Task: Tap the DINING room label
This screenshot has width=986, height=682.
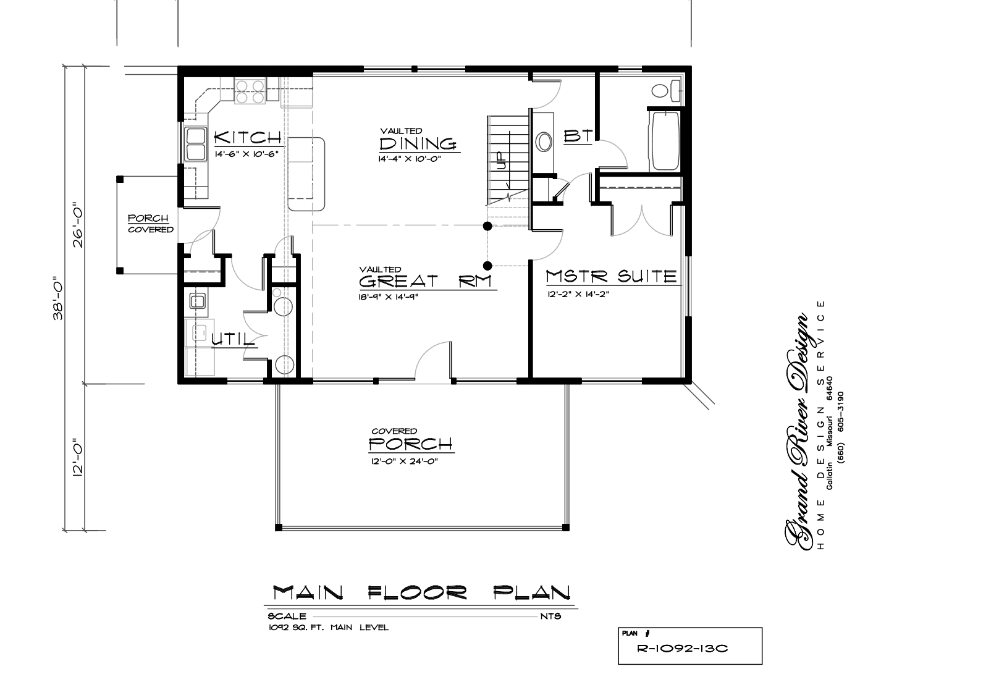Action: coord(418,143)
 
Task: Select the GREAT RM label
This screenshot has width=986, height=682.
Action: coord(425,281)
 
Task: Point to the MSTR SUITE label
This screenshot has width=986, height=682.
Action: coord(612,276)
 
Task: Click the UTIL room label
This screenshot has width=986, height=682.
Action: coord(233,339)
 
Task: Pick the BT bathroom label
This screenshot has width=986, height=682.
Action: coord(578,136)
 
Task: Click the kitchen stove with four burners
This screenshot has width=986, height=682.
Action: coord(250,91)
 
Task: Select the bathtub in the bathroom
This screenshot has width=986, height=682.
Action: coord(665,141)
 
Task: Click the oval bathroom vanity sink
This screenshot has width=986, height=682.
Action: coord(544,141)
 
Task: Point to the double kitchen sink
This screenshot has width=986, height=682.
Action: coord(195,144)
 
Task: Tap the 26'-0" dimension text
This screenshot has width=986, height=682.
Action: coord(78,225)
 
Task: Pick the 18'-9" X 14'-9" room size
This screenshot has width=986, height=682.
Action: coord(388,297)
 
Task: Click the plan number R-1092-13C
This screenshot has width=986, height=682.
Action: coord(682,649)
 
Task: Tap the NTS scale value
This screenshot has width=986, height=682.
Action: coord(550,616)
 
